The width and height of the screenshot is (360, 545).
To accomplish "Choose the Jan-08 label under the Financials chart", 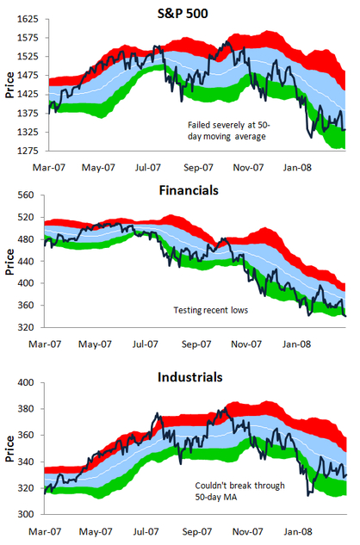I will coord(297,344).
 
